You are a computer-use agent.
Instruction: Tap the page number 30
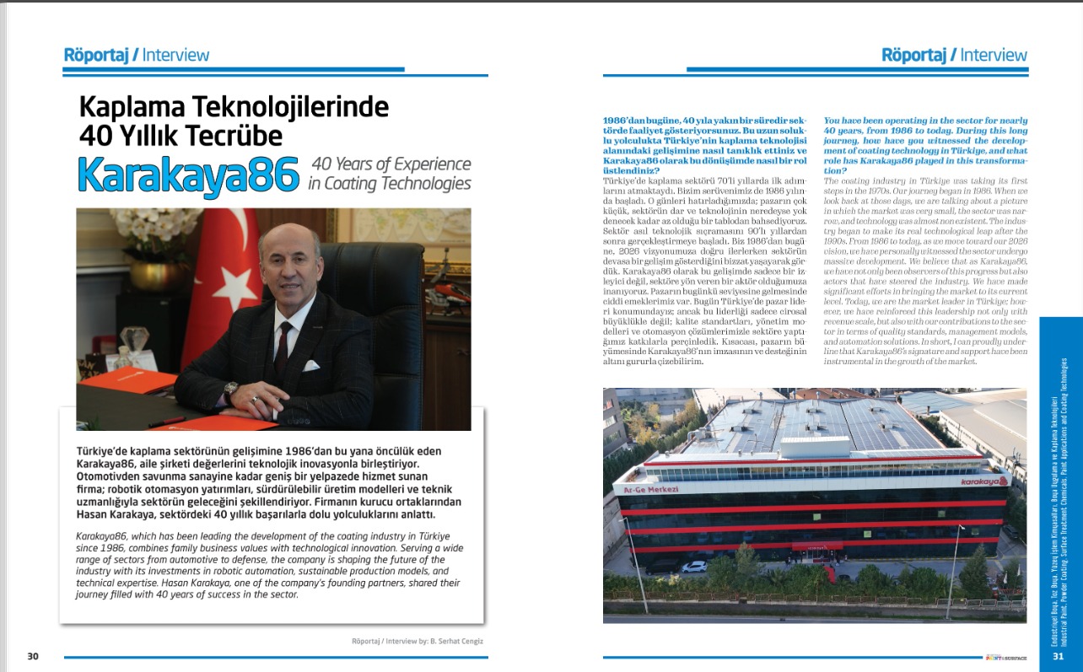click(x=33, y=657)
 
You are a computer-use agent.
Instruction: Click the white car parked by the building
click(x=693, y=567)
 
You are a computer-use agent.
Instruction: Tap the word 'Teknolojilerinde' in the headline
click(x=281, y=106)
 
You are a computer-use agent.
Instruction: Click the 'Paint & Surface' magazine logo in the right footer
click(x=1005, y=657)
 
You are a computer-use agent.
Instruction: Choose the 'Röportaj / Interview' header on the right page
click(x=954, y=56)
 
